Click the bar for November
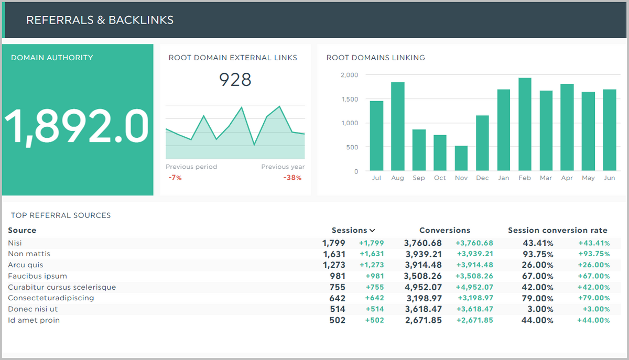(x=461, y=158)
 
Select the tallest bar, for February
(x=525, y=125)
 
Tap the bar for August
(x=397, y=127)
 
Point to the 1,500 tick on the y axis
(x=349, y=99)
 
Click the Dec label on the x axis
(x=482, y=178)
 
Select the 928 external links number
(x=235, y=80)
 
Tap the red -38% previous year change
(x=293, y=178)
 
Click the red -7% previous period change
(x=175, y=178)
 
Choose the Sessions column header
(x=349, y=231)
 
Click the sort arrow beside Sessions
(x=372, y=231)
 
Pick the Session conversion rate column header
(x=557, y=231)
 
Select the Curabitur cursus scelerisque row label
(x=62, y=287)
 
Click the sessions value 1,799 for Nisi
(x=333, y=243)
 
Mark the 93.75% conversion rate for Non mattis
(x=538, y=254)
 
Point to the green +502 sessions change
(x=374, y=320)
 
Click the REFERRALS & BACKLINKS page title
(x=100, y=20)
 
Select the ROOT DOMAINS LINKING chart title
(x=375, y=58)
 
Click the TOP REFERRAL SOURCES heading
(x=61, y=215)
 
